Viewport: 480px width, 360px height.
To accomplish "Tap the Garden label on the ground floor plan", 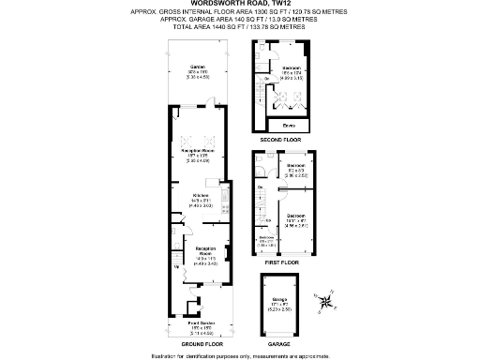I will pyautogui.click(x=197, y=67).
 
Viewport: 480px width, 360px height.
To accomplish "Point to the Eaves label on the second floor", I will pyautogui.click(x=288, y=124).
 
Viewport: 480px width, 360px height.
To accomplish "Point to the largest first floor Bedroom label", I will pyautogui.click(x=296, y=216).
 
